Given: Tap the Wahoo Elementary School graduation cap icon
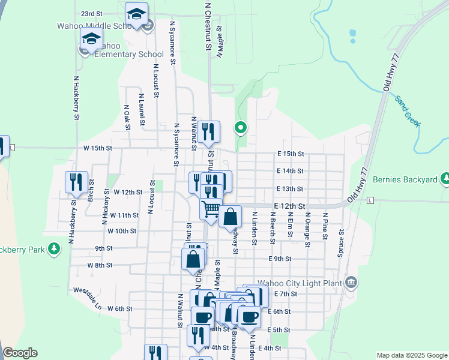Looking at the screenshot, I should click(91, 40).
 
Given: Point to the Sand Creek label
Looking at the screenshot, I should click(408, 112).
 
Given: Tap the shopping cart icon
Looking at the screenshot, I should click(211, 209).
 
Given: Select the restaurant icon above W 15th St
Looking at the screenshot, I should click(208, 131).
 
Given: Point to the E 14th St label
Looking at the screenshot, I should click(290, 171).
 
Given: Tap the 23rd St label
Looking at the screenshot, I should click(92, 13).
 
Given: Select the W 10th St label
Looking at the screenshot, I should click(122, 231).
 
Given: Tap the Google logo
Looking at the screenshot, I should click(20, 353).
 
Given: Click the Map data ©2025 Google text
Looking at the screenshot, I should click(411, 355).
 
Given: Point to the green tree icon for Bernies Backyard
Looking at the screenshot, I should click(445, 178).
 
